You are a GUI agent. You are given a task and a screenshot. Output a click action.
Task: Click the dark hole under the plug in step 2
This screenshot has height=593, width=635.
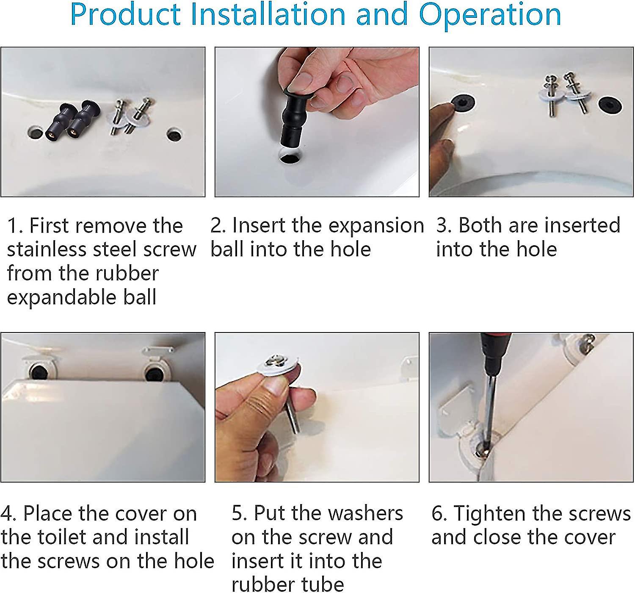click(290, 160)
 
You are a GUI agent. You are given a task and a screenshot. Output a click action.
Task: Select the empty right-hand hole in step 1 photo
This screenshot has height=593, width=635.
click(174, 136)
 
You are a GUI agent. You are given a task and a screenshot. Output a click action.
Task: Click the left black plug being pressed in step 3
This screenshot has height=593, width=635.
click(462, 103)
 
